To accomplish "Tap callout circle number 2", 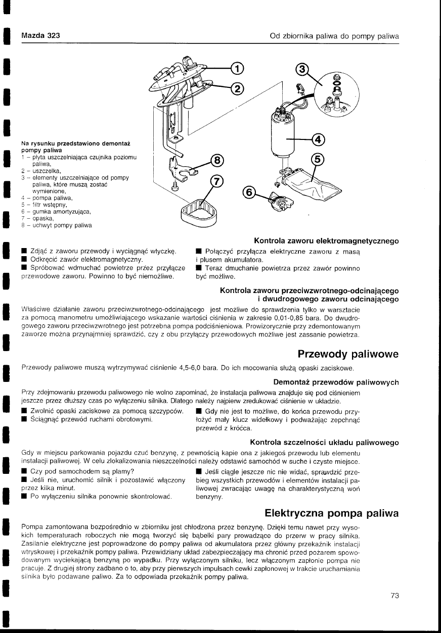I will point(237,89).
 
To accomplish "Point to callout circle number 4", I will point(319,139).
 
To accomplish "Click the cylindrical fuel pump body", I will point(284,133).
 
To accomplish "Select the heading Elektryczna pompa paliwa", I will point(332,513).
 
